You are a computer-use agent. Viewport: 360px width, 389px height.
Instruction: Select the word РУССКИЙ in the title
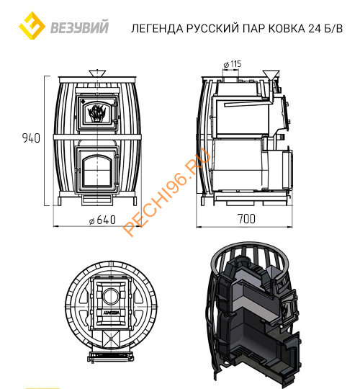(203, 30)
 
